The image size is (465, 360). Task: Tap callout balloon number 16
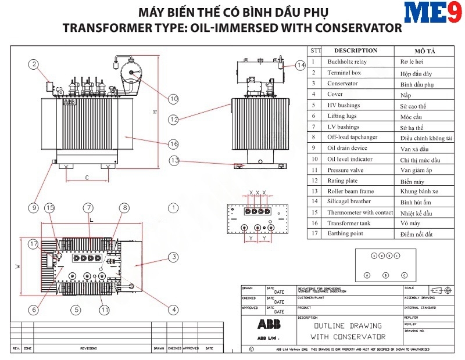click(x=173, y=143)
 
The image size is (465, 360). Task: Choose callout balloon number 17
click(x=34, y=244)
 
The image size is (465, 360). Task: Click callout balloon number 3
click(x=173, y=256)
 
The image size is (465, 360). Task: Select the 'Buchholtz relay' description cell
click(x=347, y=62)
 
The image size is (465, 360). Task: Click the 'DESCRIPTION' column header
click(x=356, y=51)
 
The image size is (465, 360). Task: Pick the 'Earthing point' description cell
click(x=346, y=234)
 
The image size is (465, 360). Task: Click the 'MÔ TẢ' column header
click(x=425, y=51)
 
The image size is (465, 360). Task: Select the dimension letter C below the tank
click(x=87, y=177)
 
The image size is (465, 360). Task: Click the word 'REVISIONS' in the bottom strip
click(x=88, y=348)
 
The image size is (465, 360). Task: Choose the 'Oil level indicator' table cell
click(x=350, y=159)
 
